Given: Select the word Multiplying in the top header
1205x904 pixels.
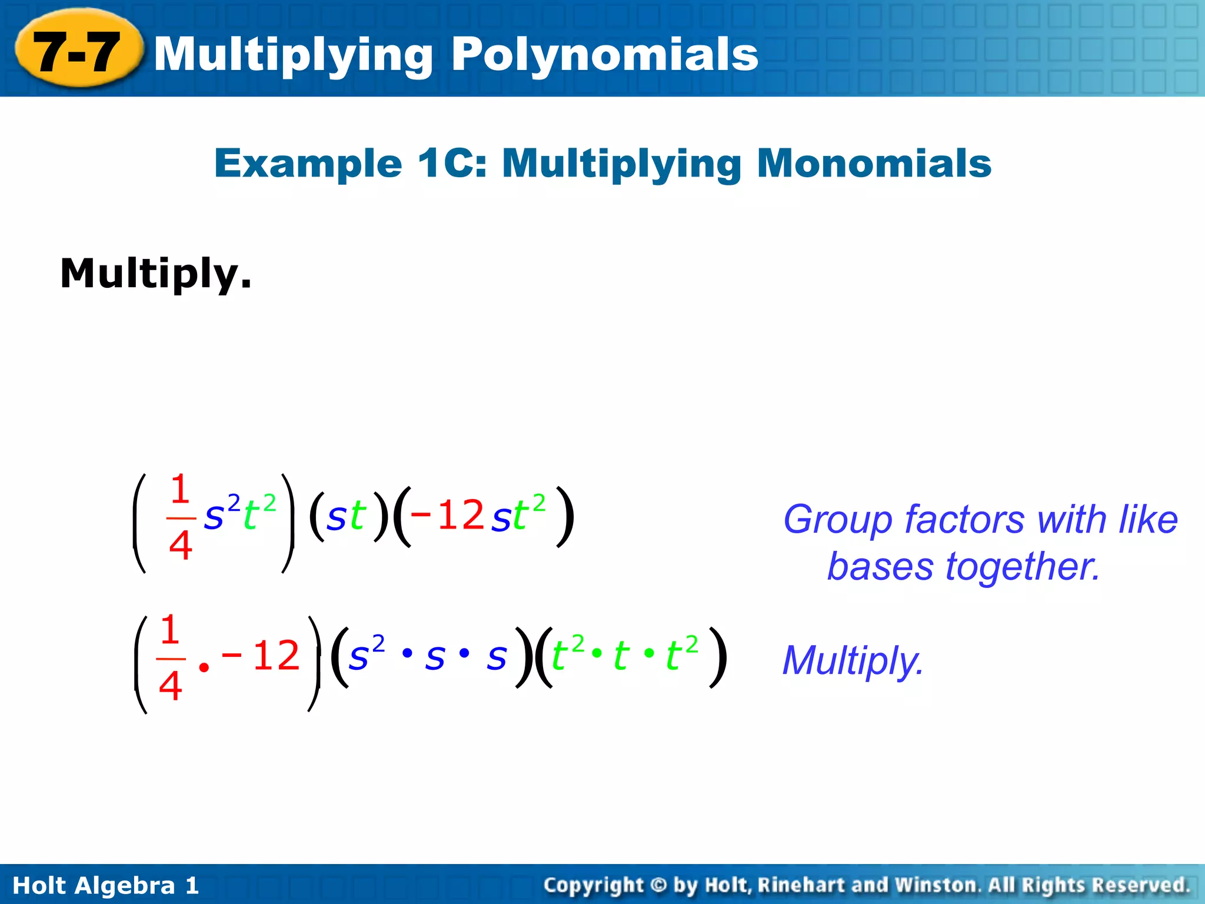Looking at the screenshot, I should pos(294,54).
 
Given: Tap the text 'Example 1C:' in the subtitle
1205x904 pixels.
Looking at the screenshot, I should pos(351,163).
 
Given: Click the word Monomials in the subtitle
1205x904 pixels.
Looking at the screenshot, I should pos(874,163).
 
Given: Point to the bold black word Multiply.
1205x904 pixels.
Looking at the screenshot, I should pos(156,274).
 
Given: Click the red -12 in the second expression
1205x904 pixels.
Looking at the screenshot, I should pos(261,655).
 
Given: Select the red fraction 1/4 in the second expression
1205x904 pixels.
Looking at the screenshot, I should pos(170,658).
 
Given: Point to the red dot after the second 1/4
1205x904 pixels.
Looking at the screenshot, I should pos(204,667).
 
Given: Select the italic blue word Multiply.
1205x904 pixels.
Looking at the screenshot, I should pos(853,660).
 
